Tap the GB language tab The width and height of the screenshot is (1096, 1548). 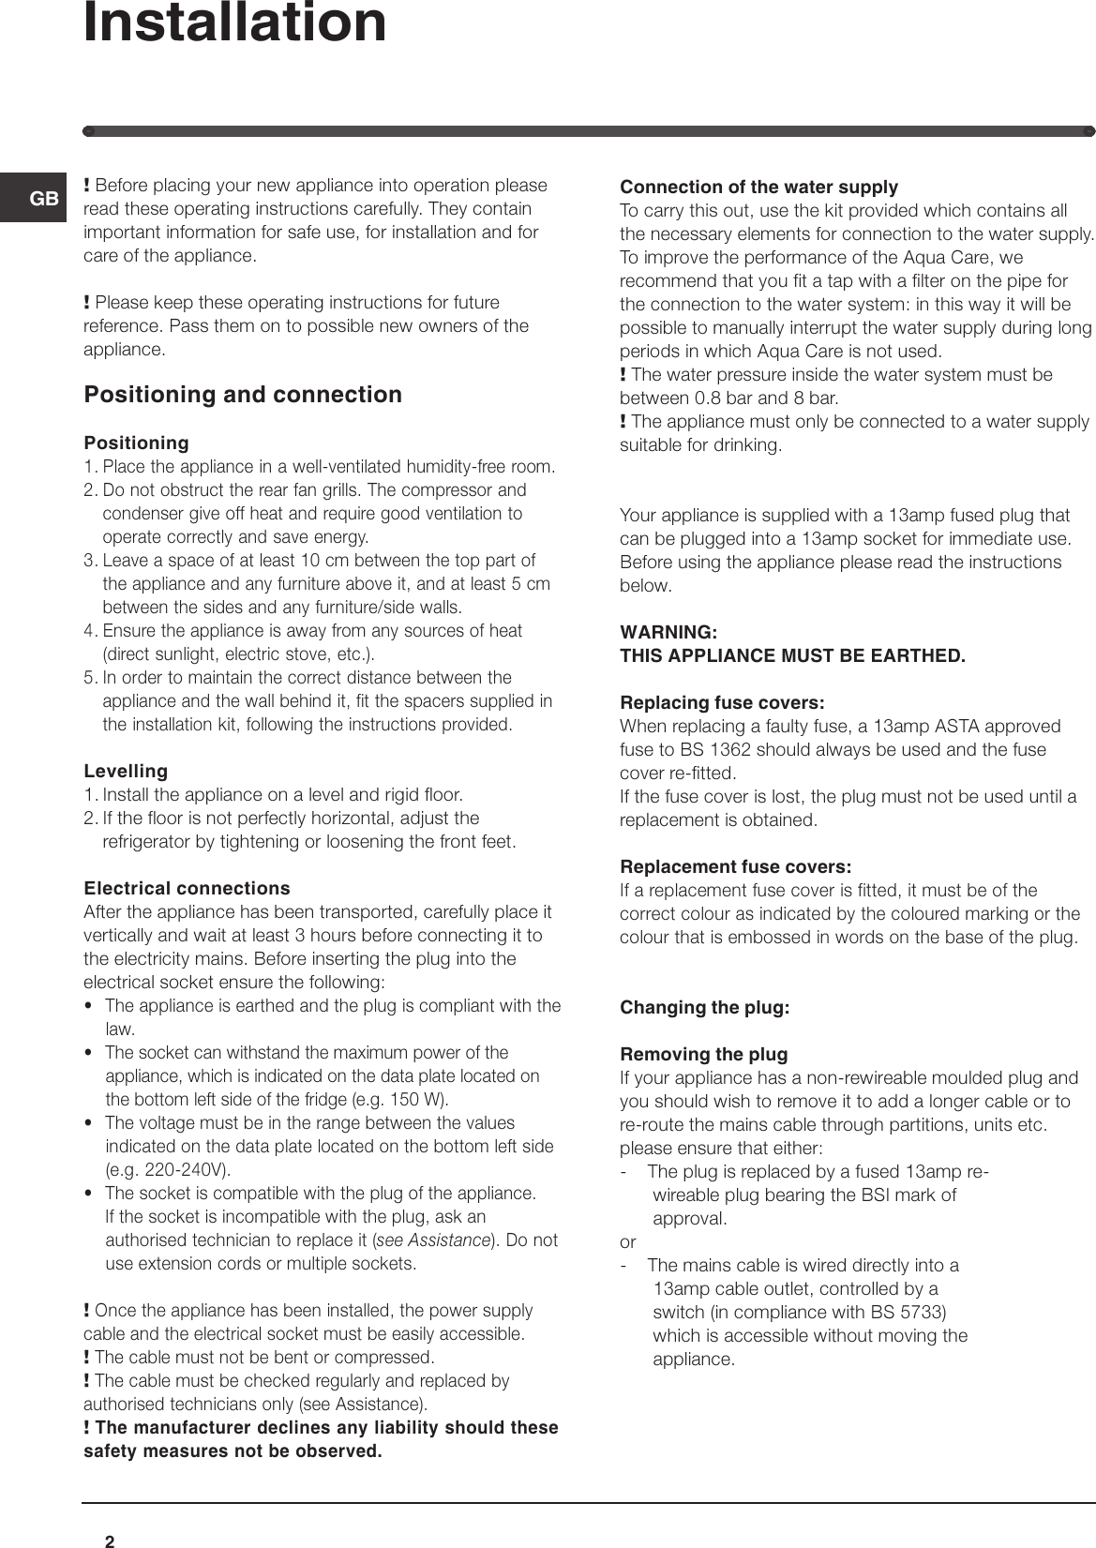pyautogui.click(x=43, y=199)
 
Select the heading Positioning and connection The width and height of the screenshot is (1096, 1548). pyautogui.click(x=243, y=395)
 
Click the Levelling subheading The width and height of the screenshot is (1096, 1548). pyautogui.click(x=126, y=772)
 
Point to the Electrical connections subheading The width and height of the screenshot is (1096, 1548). pyautogui.click(x=187, y=889)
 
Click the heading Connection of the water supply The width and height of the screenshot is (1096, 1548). pyautogui.click(x=758, y=187)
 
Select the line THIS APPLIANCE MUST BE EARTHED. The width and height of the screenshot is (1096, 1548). pyautogui.click(x=792, y=655)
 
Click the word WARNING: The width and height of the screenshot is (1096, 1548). pyautogui.click(x=668, y=632)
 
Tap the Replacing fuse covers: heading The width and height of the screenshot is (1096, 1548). pyautogui.click(x=722, y=703)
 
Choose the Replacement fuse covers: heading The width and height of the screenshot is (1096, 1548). pyautogui.click(x=736, y=866)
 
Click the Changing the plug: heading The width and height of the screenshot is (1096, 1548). pyautogui.click(x=704, y=1008)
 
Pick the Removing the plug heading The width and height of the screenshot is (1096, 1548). pyautogui.click(x=703, y=1055)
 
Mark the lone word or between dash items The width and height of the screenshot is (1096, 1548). pyautogui.click(x=627, y=1242)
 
